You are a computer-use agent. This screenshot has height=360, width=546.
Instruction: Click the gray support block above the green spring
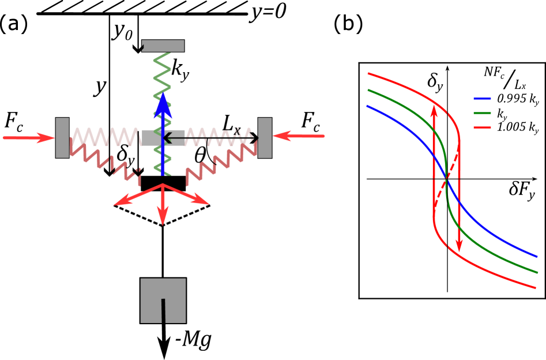click(x=163, y=46)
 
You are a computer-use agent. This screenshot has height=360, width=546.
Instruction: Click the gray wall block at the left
click(x=62, y=137)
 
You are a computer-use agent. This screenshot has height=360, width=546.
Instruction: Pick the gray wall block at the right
click(x=265, y=137)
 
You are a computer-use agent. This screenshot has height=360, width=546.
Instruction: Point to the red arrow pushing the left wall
click(x=29, y=138)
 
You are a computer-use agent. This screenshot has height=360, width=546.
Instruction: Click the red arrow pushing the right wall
click(x=298, y=136)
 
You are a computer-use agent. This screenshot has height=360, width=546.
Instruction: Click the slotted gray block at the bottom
click(x=163, y=300)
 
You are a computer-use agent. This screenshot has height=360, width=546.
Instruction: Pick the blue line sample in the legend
click(x=482, y=99)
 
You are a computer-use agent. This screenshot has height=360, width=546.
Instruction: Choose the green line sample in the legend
click(x=482, y=113)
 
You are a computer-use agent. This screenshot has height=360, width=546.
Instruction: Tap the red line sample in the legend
click(x=482, y=127)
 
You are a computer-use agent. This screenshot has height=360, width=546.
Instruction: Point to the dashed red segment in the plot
click(x=446, y=179)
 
